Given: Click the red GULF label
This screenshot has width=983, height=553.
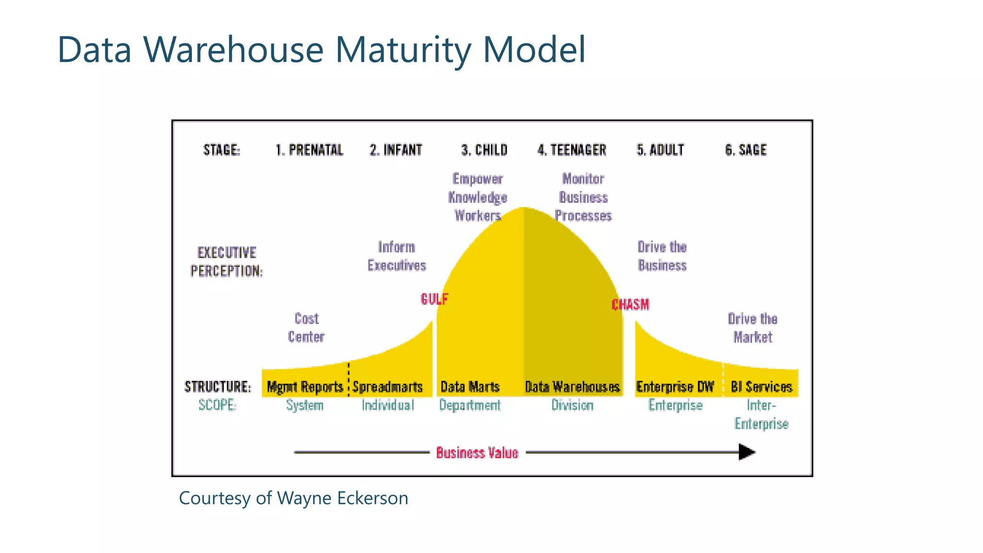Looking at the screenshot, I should coord(434,299).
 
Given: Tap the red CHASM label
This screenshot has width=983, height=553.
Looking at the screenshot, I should coord(630,304).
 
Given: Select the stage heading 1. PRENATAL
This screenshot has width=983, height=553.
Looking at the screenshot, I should coord(309,150).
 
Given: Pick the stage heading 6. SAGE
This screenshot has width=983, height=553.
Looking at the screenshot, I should coord(745,150).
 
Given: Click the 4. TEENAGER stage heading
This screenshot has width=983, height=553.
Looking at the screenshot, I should coord(572,150).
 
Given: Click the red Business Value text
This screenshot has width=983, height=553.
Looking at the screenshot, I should coord(477,453).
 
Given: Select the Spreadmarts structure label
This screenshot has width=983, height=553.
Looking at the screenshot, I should coord(387,387).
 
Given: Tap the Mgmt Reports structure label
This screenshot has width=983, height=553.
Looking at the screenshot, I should coord(305,387).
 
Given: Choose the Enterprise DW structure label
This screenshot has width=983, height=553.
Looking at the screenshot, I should coord(675,387).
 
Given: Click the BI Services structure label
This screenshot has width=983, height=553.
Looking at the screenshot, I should coord(761,387).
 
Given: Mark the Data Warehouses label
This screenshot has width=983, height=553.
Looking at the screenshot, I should coord(572,387).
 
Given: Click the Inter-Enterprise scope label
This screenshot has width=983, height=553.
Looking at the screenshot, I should coord(761,415).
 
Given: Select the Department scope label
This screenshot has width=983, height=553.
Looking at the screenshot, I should coord(470,405).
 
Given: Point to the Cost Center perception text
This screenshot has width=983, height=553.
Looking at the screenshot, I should coord(306,328).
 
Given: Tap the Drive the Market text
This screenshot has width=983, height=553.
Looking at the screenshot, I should coord(753,328).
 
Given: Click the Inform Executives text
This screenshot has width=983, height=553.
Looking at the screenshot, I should coord(396,256).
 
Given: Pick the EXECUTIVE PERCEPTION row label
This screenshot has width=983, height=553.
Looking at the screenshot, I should coord(227,262).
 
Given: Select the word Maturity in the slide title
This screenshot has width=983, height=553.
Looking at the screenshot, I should coord(403,49).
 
